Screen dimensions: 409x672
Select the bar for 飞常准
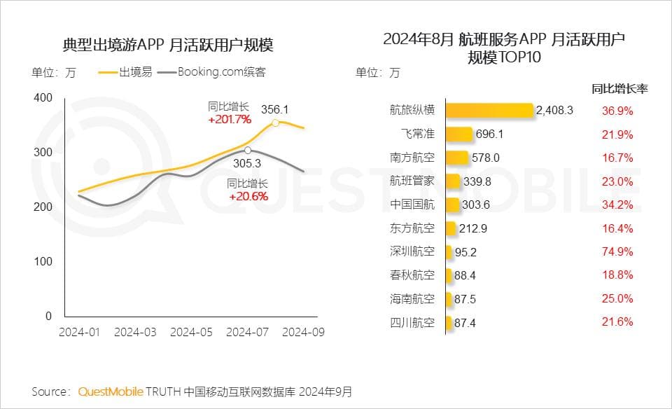[x=458, y=134]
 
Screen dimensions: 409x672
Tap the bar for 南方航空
[x=456, y=158]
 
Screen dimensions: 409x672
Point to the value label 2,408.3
[x=554, y=110]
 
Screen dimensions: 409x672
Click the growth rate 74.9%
[x=617, y=251]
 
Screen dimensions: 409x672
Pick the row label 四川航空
[x=412, y=323]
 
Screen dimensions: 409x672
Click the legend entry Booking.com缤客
[x=221, y=71]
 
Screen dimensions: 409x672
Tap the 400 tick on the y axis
[x=43, y=97]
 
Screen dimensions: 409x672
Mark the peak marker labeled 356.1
[x=276, y=123]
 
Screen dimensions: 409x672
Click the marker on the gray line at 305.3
[x=248, y=150]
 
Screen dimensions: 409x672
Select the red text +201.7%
[x=230, y=119]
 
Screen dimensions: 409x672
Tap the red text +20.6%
[x=248, y=196]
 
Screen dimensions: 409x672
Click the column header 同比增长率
[x=619, y=89]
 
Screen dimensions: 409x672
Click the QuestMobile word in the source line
[x=111, y=391]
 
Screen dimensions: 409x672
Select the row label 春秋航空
[x=412, y=275]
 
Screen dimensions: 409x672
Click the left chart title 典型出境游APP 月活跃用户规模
[x=168, y=46]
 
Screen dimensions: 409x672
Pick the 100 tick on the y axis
[x=43, y=261]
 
